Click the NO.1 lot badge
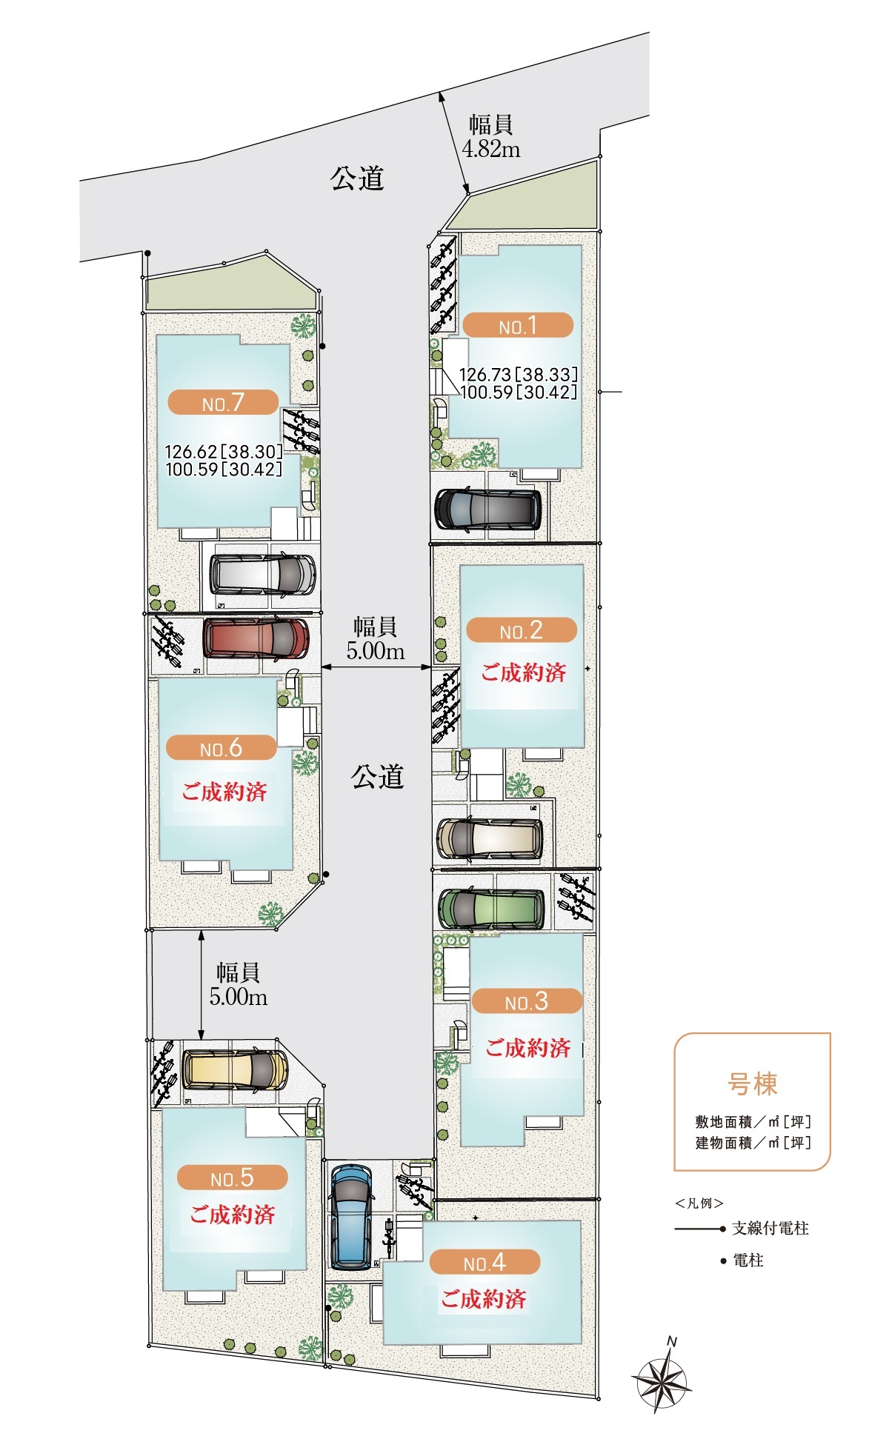pos(518,325)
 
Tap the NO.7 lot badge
pos(223,402)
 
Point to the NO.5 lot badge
pos(233,1177)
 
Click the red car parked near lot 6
pos(256,638)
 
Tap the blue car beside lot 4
pos(351,1218)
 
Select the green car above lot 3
pos(491,908)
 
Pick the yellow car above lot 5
pos(235,1069)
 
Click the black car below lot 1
pos(487,509)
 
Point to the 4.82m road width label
pos(490,137)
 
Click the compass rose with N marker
pos(662,1375)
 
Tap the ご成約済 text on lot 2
pos(524,672)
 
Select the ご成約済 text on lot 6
pos(224,791)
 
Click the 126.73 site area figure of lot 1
pos(485,375)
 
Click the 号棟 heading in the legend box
pos(752,1083)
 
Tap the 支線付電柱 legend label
pos(770,1228)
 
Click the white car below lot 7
pos(263,574)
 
